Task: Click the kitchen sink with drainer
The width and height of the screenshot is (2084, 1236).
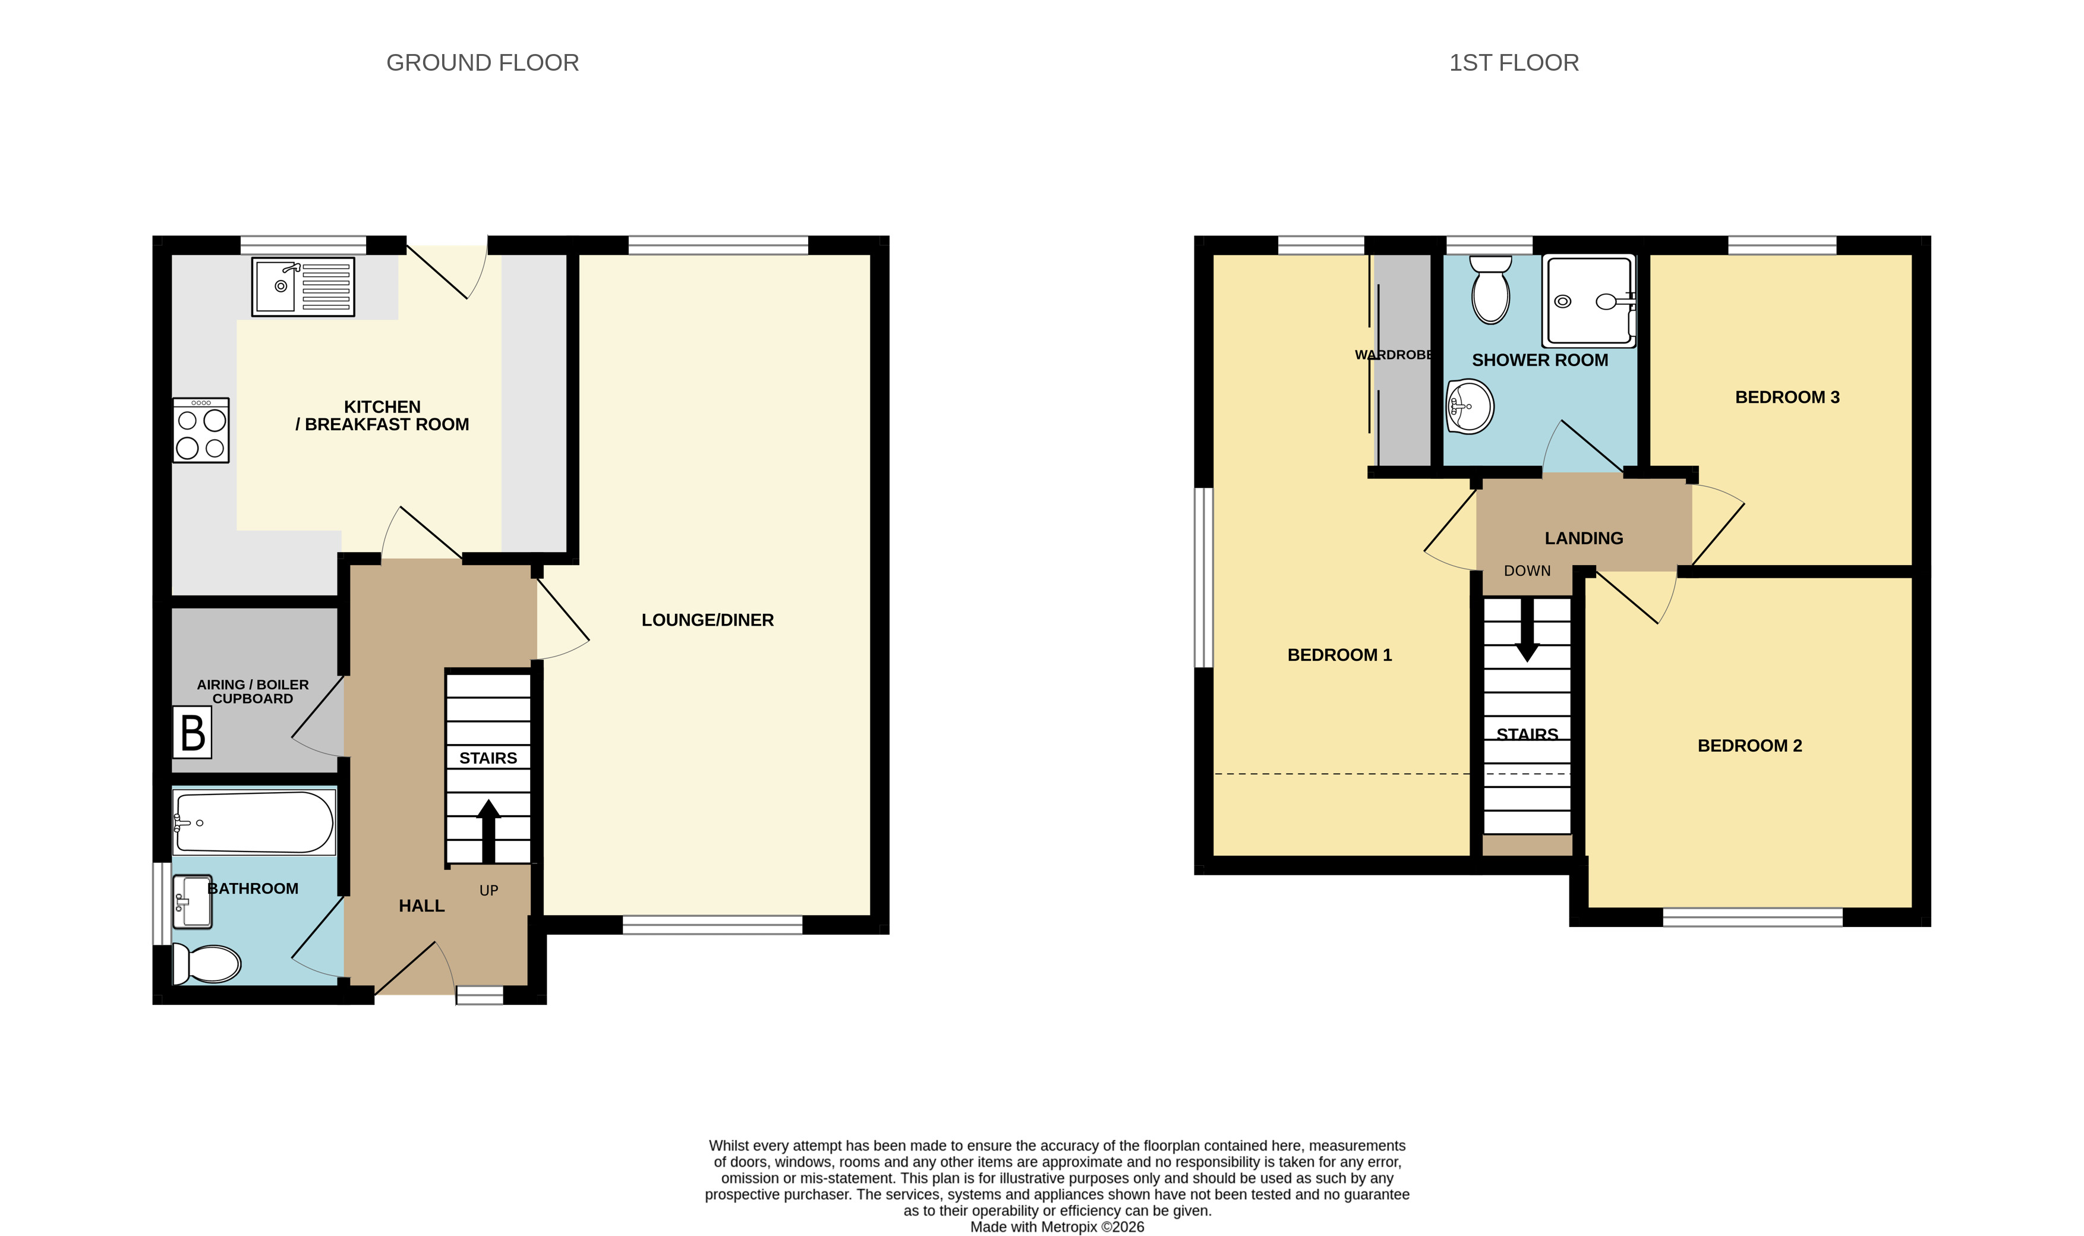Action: click(303, 286)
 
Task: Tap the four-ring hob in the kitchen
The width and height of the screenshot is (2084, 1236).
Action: click(201, 430)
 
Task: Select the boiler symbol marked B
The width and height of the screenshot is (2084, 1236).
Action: click(193, 732)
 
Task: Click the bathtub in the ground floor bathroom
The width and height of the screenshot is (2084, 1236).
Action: click(254, 822)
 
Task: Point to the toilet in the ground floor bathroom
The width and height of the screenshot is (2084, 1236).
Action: click(207, 964)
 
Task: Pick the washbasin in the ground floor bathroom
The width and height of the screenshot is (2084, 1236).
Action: click(193, 901)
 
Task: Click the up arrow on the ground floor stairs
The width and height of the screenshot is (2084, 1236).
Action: click(489, 830)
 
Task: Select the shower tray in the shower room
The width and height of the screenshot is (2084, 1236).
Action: click(1589, 301)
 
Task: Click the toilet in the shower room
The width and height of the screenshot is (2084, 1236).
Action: click(1491, 289)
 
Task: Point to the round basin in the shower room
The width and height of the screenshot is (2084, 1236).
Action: click(1470, 406)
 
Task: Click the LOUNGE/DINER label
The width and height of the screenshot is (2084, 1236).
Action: click(707, 620)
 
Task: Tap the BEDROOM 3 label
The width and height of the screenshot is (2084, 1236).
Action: click(1787, 398)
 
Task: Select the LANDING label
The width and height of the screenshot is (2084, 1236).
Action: click(1584, 538)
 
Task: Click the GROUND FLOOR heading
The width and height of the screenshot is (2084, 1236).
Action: click(483, 62)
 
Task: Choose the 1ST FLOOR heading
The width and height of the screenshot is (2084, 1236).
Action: click(1514, 62)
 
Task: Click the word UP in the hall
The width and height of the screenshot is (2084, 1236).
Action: click(489, 890)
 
